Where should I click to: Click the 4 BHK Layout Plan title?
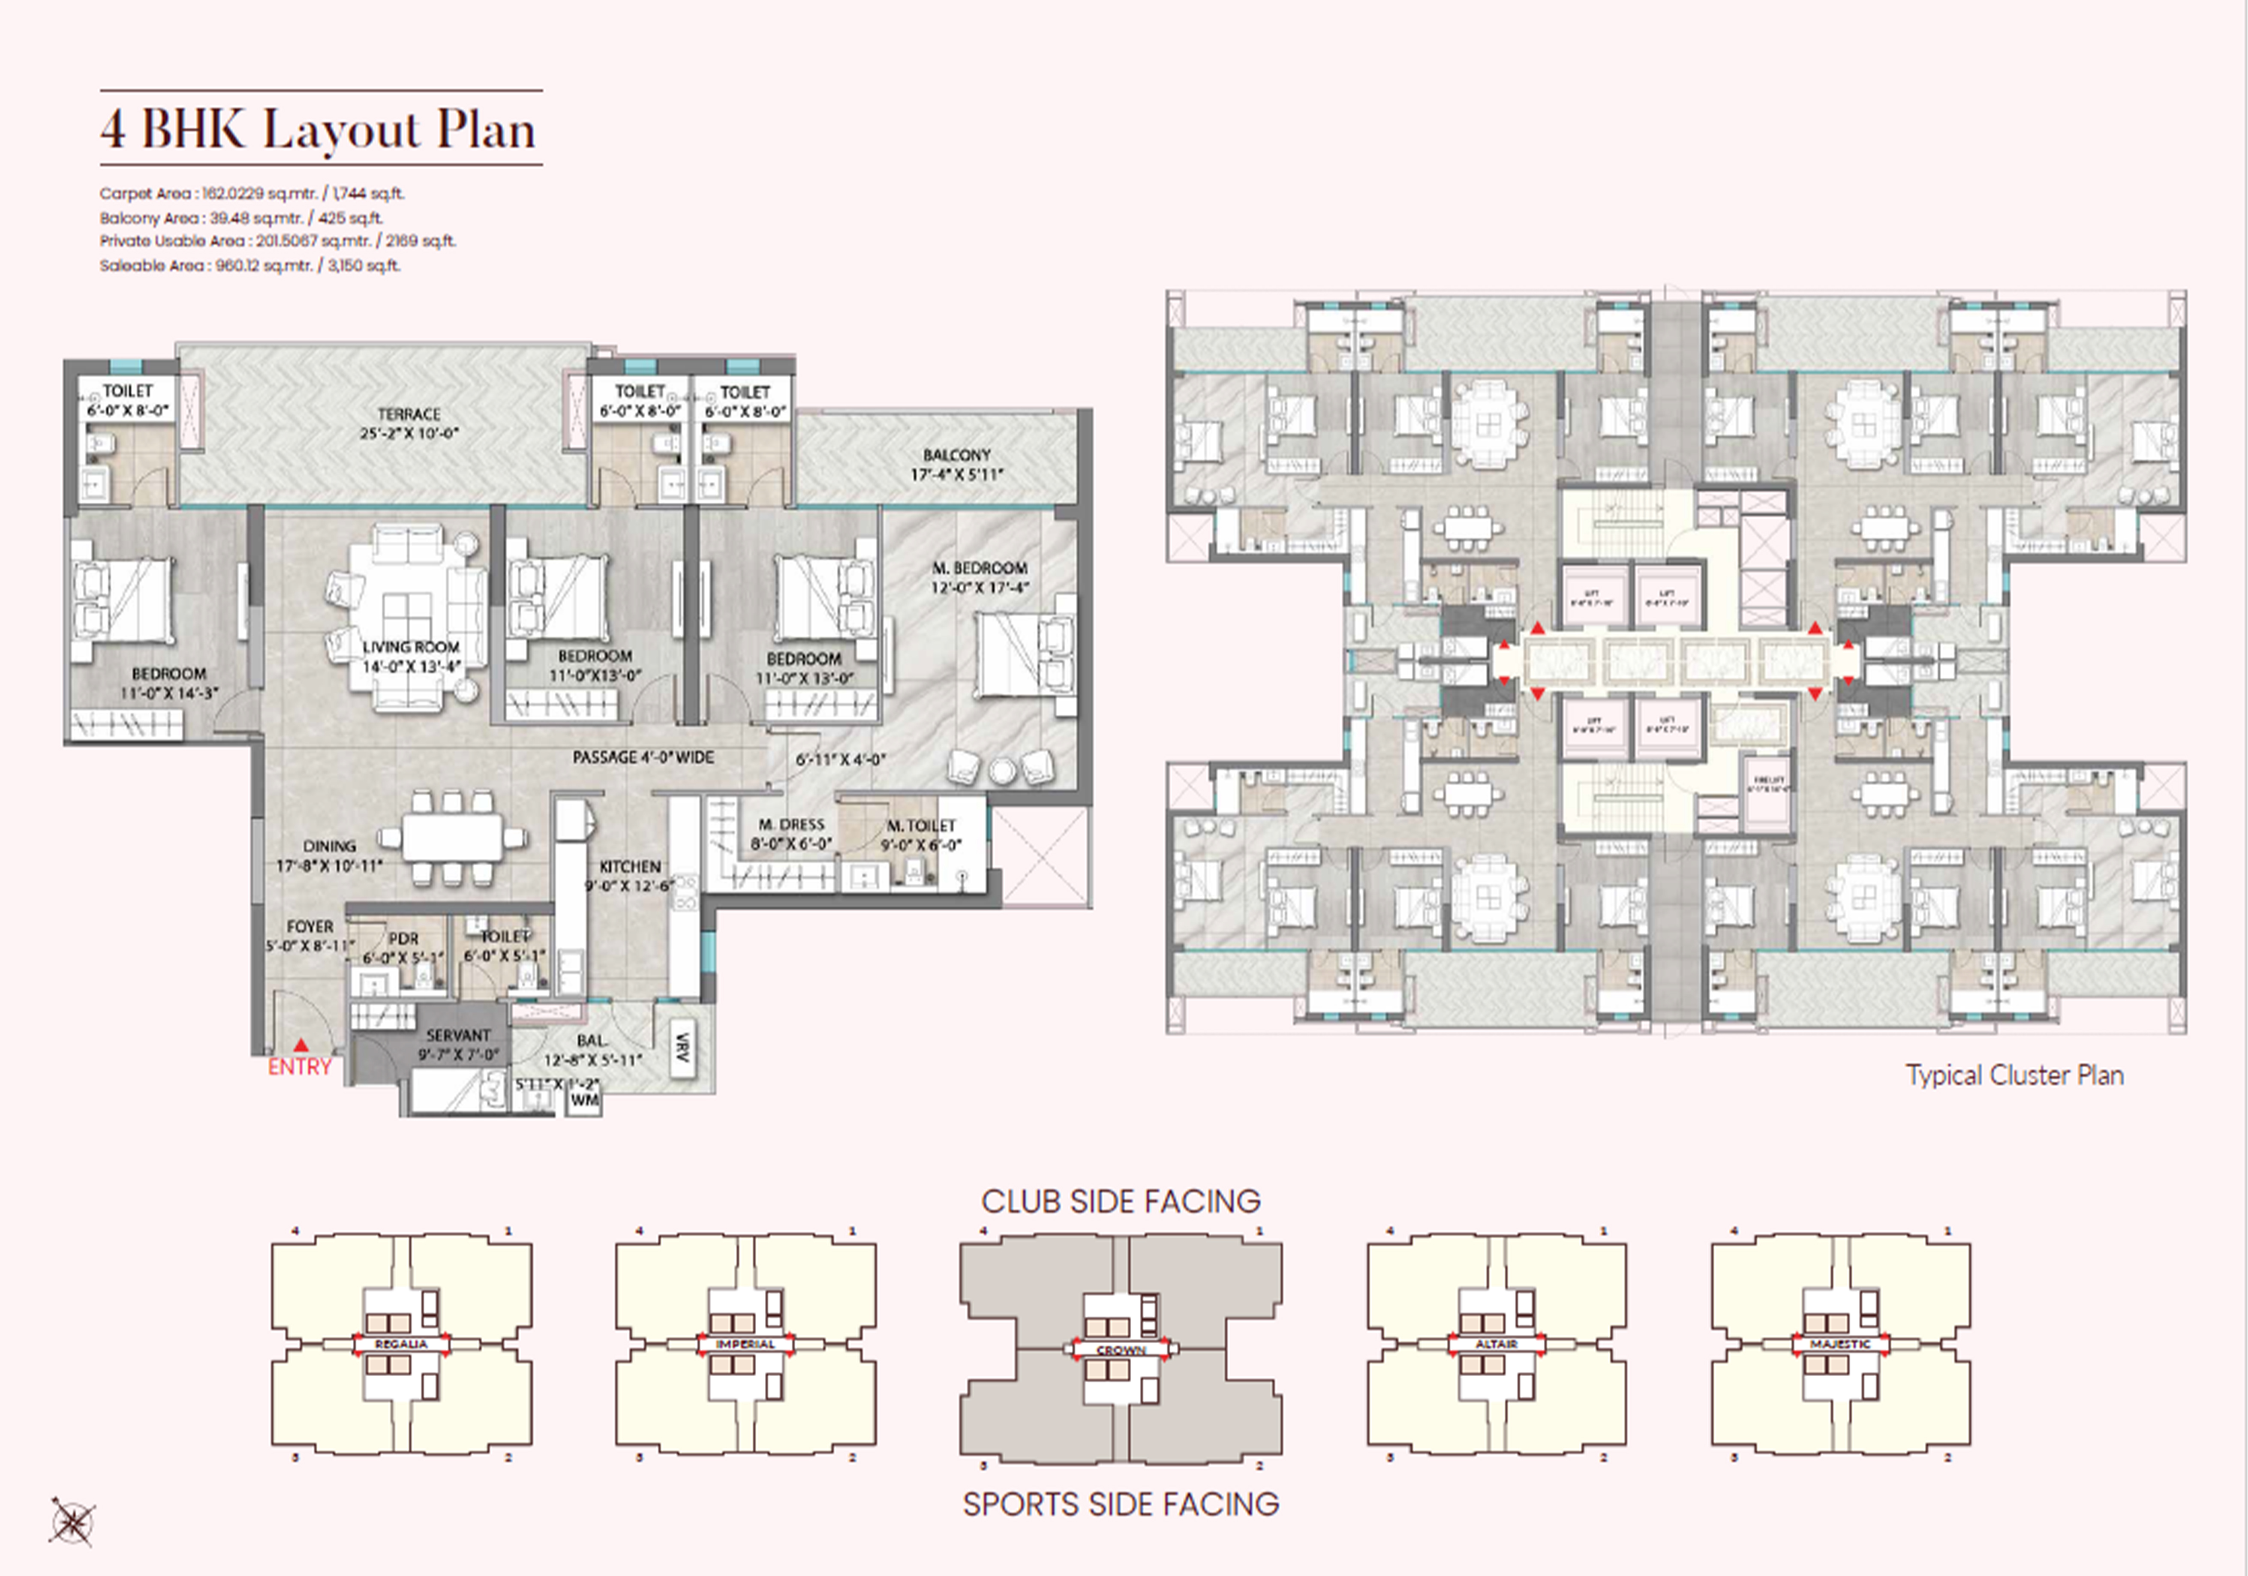pyautogui.click(x=319, y=129)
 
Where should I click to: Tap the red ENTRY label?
pyautogui.click(x=300, y=1067)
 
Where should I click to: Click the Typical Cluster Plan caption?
pyautogui.click(x=2014, y=1076)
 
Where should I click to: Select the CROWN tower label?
pyautogui.click(x=1121, y=1350)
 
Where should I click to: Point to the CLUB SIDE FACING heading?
pyautogui.click(x=1121, y=1201)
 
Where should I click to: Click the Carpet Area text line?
pyautogui.click(x=252, y=194)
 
